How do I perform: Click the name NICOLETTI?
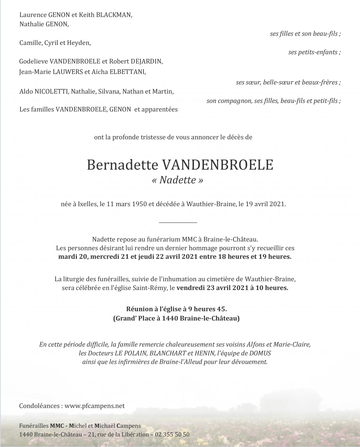(x=52, y=92)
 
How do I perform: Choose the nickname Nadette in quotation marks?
(x=178, y=180)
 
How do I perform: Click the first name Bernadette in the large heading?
(x=122, y=165)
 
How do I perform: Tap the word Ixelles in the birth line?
(x=87, y=204)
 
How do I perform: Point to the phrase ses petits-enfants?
(x=314, y=52)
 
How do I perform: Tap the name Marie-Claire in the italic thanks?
(x=292, y=345)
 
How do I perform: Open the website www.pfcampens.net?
(x=95, y=406)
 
